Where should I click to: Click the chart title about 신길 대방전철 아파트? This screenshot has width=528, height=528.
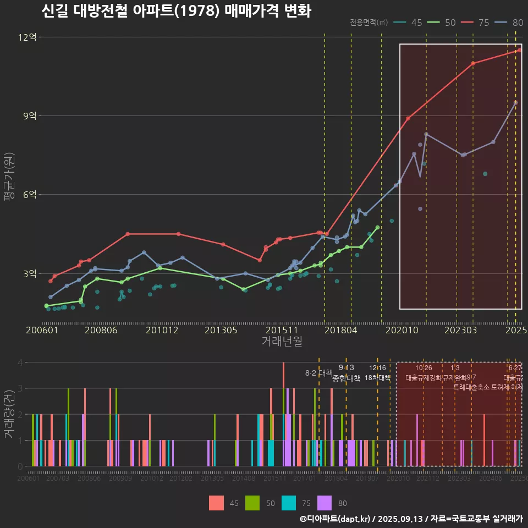(x=176, y=11)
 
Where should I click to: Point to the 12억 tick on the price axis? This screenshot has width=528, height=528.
(x=28, y=37)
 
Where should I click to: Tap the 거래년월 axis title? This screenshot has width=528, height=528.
(x=282, y=342)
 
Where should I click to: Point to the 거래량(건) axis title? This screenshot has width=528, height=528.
(x=9, y=414)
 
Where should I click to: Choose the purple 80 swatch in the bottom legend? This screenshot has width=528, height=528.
(x=326, y=503)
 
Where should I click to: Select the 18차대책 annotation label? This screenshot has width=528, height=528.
(x=377, y=378)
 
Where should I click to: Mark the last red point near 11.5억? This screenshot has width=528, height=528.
(x=519, y=50)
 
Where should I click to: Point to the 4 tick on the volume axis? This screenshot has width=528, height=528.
(x=20, y=362)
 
